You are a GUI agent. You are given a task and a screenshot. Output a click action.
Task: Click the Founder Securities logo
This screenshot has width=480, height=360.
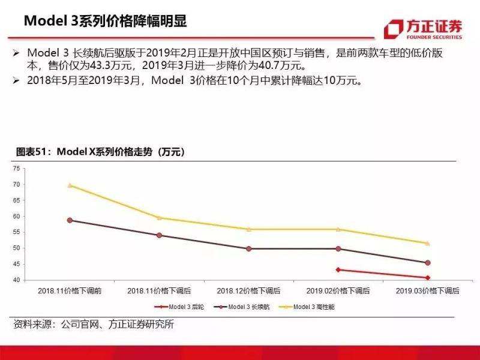click(x=423, y=29)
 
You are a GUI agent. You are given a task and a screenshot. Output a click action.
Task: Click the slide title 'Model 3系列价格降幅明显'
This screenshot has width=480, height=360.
click(x=106, y=21)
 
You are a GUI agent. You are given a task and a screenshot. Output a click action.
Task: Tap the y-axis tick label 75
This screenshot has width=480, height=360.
click(x=17, y=169)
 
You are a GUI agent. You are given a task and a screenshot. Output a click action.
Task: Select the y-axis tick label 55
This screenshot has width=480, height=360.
click(x=17, y=232)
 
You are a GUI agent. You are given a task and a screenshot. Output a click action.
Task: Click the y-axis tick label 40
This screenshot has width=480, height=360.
click(x=17, y=280)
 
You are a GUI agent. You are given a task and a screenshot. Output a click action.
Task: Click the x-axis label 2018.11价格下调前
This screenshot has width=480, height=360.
click(x=70, y=290)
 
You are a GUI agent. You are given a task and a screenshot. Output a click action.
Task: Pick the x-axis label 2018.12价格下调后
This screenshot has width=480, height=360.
click(x=249, y=290)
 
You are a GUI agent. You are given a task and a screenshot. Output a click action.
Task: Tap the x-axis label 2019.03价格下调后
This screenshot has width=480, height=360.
click(x=428, y=290)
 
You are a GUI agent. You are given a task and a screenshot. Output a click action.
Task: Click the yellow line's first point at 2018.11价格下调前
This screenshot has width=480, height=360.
click(x=70, y=185)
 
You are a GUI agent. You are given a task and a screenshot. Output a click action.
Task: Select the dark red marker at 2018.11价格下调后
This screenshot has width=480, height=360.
click(x=160, y=235)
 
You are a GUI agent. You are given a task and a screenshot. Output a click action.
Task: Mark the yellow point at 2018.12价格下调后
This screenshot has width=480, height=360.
click(x=249, y=229)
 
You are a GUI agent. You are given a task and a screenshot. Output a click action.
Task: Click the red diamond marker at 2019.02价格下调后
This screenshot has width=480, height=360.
click(x=338, y=269)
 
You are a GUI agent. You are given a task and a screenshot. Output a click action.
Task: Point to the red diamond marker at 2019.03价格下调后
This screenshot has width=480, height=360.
click(x=428, y=278)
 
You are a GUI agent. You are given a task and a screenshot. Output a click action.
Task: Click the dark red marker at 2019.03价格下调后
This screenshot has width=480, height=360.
click(x=428, y=263)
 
